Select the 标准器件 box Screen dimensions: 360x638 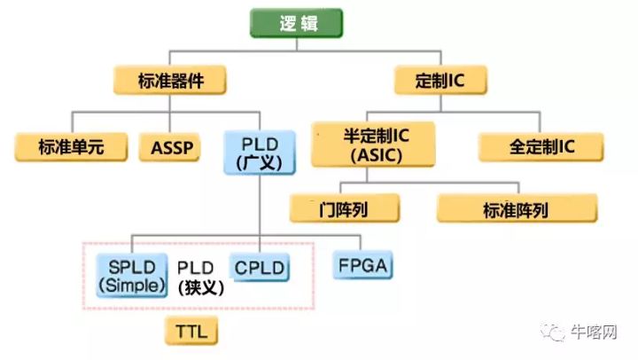[170, 81]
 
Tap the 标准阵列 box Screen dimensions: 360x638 [517, 209]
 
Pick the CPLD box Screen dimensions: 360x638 [261, 267]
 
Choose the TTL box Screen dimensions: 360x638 [192, 333]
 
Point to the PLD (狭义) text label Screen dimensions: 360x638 [199, 278]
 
